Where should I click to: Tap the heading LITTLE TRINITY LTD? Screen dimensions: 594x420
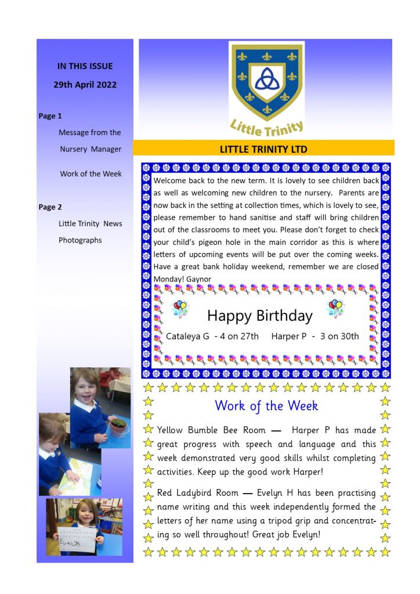[263, 149]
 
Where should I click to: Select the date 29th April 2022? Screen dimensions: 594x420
[85, 85]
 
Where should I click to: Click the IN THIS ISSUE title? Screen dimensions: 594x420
[85, 66]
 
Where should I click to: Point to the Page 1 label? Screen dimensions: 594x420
[50, 116]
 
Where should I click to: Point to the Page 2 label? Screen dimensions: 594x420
[50, 207]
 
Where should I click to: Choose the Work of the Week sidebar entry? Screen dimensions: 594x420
[90, 174]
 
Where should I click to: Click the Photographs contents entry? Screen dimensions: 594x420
[80, 240]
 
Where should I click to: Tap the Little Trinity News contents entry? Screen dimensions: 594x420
[90, 224]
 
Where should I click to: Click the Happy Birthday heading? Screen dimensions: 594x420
[259, 316]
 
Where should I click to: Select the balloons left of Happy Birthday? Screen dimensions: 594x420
[180, 308]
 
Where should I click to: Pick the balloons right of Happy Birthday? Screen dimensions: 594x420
[335, 308]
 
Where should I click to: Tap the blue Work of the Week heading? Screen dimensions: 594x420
[266, 405]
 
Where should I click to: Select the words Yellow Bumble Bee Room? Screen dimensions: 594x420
[211, 430]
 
